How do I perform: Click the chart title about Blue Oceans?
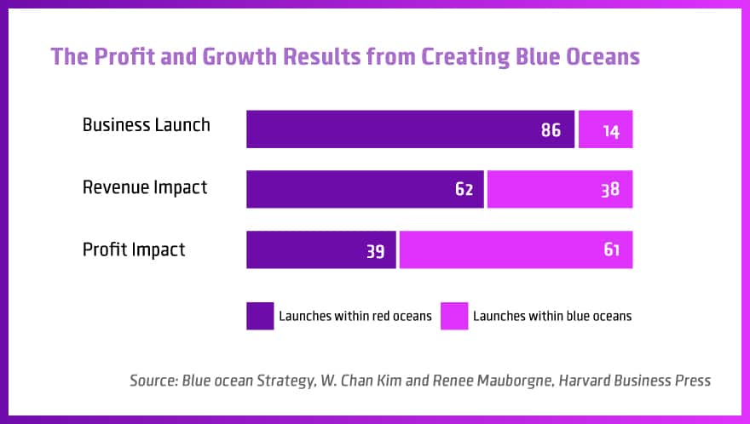click(x=345, y=57)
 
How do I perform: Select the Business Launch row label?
click(x=146, y=125)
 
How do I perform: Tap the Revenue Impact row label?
click(x=145, y=187)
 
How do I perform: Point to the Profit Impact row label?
click(x=134, y=249)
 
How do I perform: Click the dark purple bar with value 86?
click(x=409, y=129)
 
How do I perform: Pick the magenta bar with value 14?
click(x=605, y=129)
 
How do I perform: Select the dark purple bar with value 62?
click(x=365, y=189)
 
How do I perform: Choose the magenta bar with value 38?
click(x=560, y=189)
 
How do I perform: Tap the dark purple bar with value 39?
click(x=320, y=249)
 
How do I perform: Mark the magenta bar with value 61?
click(x=516, y=249)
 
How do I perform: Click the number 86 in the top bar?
click(x=551, y=130)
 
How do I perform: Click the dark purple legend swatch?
click(x=260, y=316)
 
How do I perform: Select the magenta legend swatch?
click(x=454, y=316)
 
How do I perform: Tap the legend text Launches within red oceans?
click(x=355, y=316)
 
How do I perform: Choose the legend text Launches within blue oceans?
click(x=552, y=316)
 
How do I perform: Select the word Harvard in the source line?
click(x=587, y=381)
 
